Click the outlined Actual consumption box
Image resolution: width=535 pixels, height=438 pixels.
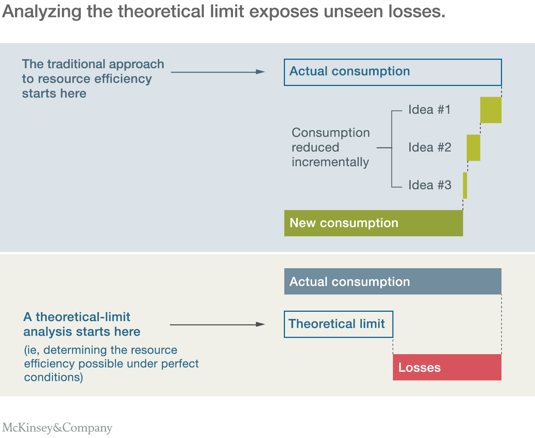393,72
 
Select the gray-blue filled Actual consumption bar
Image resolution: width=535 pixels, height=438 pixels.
393,281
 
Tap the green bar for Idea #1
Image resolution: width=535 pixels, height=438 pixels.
491,110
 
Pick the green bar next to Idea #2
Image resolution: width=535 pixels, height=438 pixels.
473,148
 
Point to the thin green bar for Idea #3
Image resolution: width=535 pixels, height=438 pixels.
465,185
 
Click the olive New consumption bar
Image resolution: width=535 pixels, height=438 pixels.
373,223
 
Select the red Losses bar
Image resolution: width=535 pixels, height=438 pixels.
447,367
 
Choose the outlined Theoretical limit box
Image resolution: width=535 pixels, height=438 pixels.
338,324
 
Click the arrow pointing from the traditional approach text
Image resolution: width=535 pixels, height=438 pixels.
218,72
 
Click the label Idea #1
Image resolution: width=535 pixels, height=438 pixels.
429,110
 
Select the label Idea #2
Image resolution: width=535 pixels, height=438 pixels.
429,148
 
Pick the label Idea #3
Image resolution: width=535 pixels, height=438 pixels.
429,185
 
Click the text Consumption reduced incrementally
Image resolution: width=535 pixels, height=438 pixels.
330,148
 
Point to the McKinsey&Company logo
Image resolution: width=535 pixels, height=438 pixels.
57,428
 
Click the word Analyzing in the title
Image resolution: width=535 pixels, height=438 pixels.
41,12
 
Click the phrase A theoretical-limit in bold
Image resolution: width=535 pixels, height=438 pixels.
77,317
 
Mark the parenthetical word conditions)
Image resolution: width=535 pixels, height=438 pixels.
54,377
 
